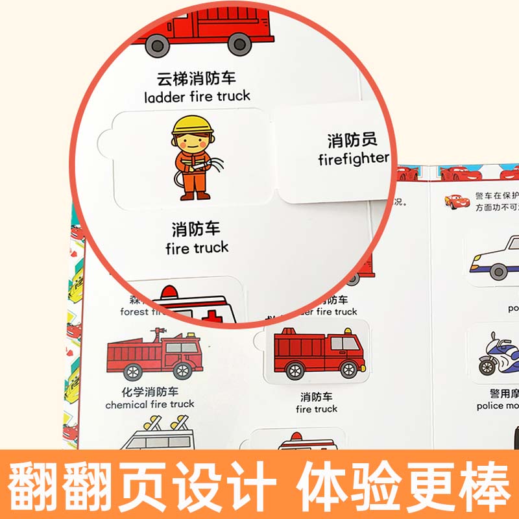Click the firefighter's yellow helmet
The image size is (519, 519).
coord(193,125)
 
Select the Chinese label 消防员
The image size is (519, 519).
coord(352,140)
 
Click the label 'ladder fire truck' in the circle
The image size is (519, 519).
coord(197,97)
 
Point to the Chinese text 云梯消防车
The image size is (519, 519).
coord(197,79)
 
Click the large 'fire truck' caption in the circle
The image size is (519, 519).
coord(197,247)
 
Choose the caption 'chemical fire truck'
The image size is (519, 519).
coord(150,404)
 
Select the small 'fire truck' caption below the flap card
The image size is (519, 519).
coord(317,409)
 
